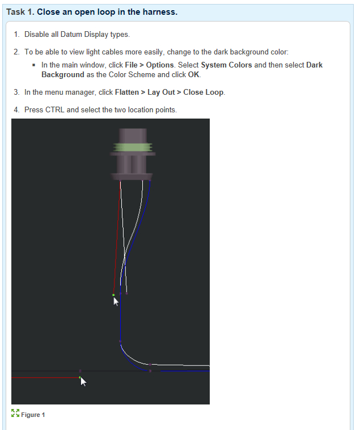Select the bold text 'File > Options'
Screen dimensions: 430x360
[149, 65]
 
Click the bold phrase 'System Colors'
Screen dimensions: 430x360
[226, 65]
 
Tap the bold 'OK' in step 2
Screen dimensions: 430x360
[194, 74]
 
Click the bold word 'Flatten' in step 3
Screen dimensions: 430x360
[127, 92]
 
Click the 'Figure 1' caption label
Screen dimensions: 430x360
[33, 415]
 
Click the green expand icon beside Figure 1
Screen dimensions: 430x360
[15, 414]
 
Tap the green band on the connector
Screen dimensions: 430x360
[133, 148]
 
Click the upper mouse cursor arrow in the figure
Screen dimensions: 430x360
[116, 301]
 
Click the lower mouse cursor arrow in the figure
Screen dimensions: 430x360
[83, 381]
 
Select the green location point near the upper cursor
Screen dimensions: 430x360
[113, 295]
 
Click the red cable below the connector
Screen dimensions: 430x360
[117, 238]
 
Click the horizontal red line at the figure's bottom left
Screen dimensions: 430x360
[45, 377]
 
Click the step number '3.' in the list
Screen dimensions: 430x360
[16, 92]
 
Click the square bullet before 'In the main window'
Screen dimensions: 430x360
[35, 65]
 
